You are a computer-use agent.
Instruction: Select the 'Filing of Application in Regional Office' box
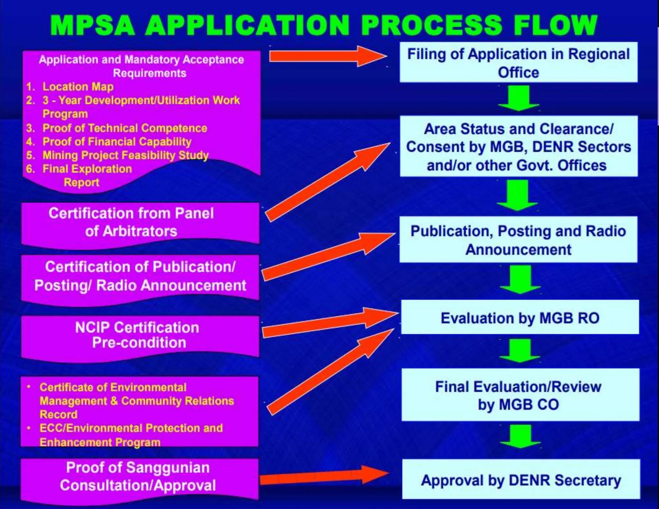point(518,63)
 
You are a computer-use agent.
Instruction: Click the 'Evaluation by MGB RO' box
point(520,318)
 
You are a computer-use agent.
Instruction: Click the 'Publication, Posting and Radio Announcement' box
point(518,240)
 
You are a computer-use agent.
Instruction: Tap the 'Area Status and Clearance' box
point(518,147)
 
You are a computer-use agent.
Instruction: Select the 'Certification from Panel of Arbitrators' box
point(140,222)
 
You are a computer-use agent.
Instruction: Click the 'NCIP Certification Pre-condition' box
point(140,335)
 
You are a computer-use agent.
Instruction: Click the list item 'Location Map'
point(78,87)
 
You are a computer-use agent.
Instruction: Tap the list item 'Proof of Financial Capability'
point(117,142)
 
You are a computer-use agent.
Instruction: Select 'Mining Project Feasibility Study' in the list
point(125,155)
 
